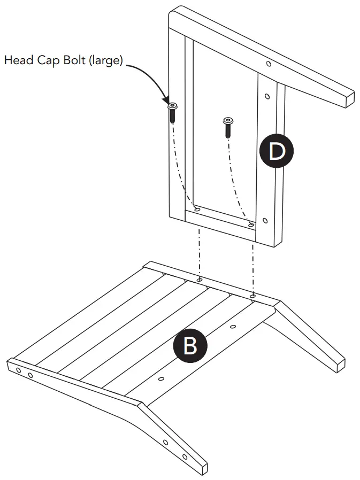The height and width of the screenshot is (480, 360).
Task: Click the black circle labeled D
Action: tap(276, 152)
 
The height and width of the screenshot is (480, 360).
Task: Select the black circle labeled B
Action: tap(190, 345)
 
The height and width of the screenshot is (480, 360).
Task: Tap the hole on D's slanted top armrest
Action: tap(268, 64)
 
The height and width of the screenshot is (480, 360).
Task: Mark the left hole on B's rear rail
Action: tap(200, 280)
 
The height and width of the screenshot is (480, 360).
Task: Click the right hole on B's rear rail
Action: tap(252, 295)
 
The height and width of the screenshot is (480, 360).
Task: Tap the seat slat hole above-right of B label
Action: tap(233, 326)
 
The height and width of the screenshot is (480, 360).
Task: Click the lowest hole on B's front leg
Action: tap(185, 457)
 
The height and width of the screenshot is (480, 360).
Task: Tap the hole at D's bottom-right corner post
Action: tap(265, 220)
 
